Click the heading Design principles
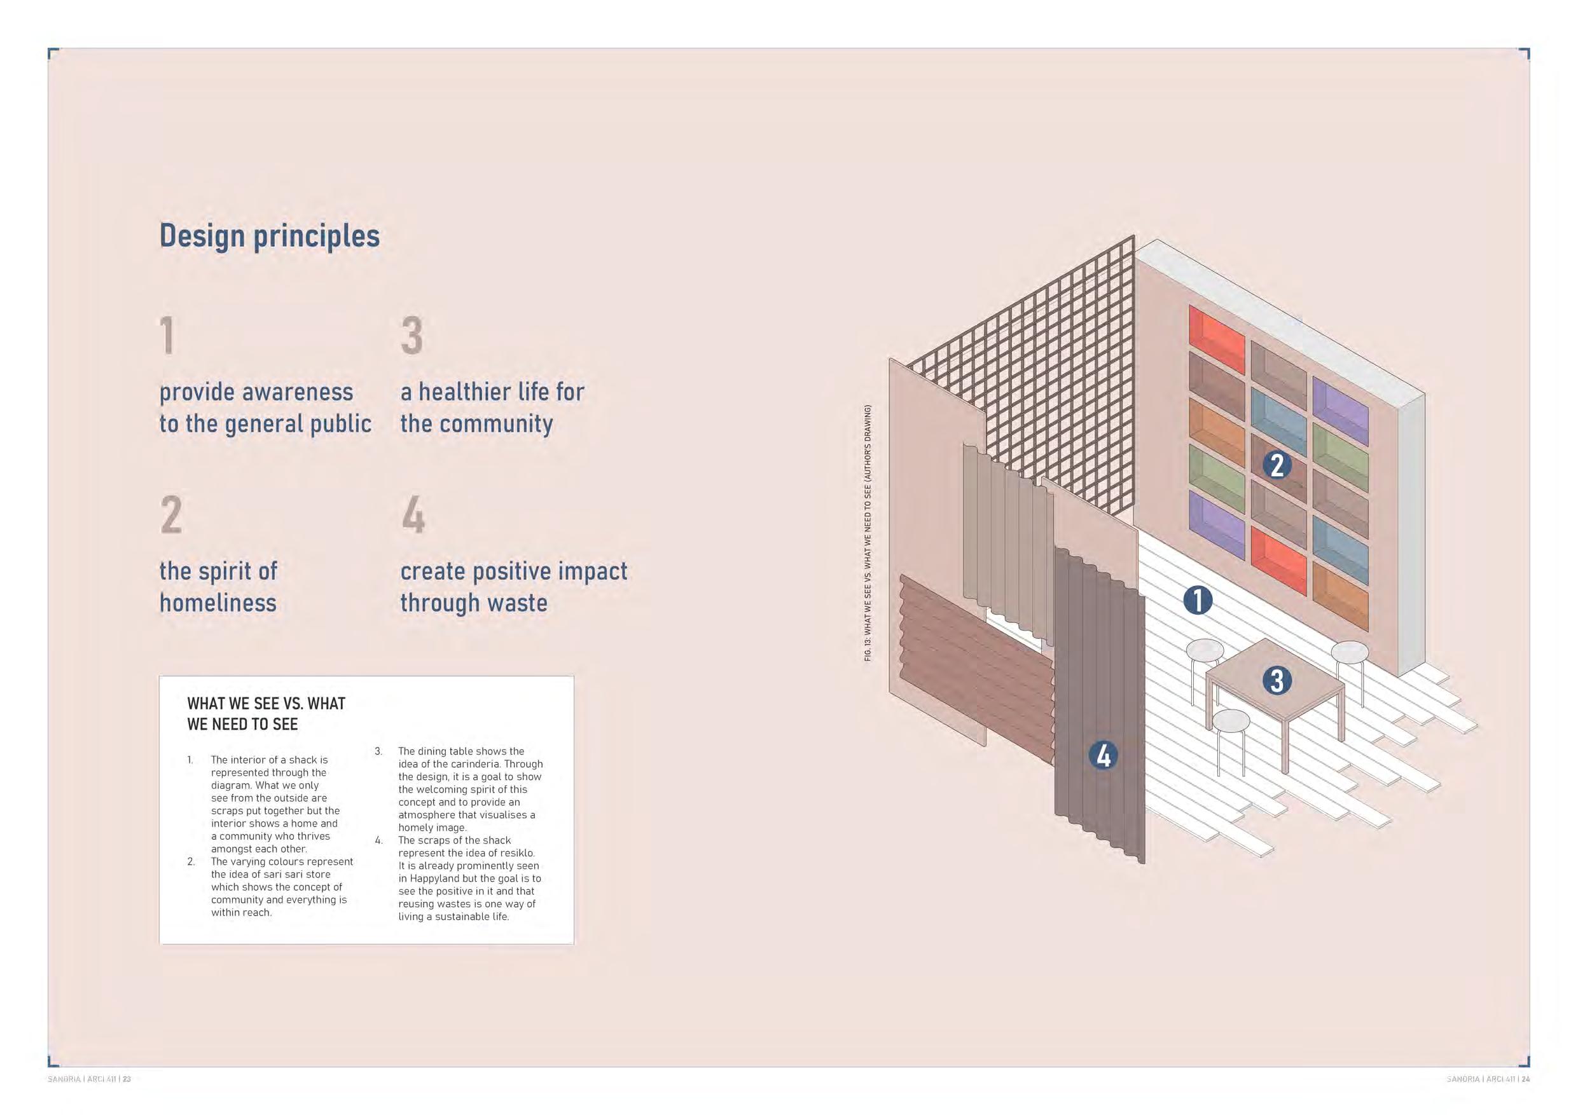[270, 236]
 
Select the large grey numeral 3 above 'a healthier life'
[412, 335]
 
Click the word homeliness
[218, 603]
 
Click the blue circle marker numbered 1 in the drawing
[1198, 601]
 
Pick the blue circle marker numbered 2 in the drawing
[1277, 465]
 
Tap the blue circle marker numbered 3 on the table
[1277, 680]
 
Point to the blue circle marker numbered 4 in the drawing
[1104, 756]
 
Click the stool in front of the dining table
[1230, 742]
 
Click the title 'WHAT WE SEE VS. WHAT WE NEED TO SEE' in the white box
[266, 714]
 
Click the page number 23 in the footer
[127, 1079]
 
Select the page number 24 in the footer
[1526, 1079]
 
